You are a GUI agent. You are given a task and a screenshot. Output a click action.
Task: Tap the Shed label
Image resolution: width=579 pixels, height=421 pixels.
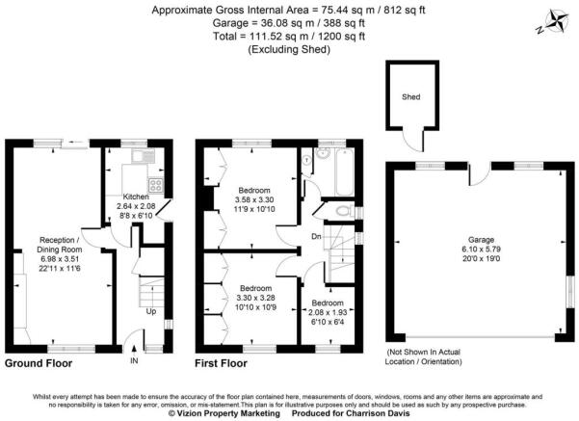point(411,97)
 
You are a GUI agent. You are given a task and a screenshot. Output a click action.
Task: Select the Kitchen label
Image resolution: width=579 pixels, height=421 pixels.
point(136,197)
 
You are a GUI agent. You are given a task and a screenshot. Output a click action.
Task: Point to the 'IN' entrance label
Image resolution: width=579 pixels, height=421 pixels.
point(134,361)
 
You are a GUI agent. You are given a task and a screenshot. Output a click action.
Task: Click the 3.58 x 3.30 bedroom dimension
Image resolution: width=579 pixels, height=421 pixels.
point(255,199)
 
